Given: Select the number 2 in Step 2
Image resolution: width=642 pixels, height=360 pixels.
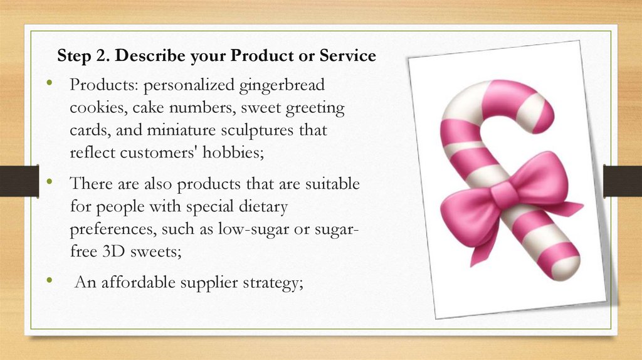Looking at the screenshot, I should [x=104, y=56].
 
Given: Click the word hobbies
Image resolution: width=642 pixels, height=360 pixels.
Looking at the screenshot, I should [x=248, y=154].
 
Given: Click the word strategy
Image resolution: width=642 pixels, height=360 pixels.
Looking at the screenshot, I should [x=273, y=283].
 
